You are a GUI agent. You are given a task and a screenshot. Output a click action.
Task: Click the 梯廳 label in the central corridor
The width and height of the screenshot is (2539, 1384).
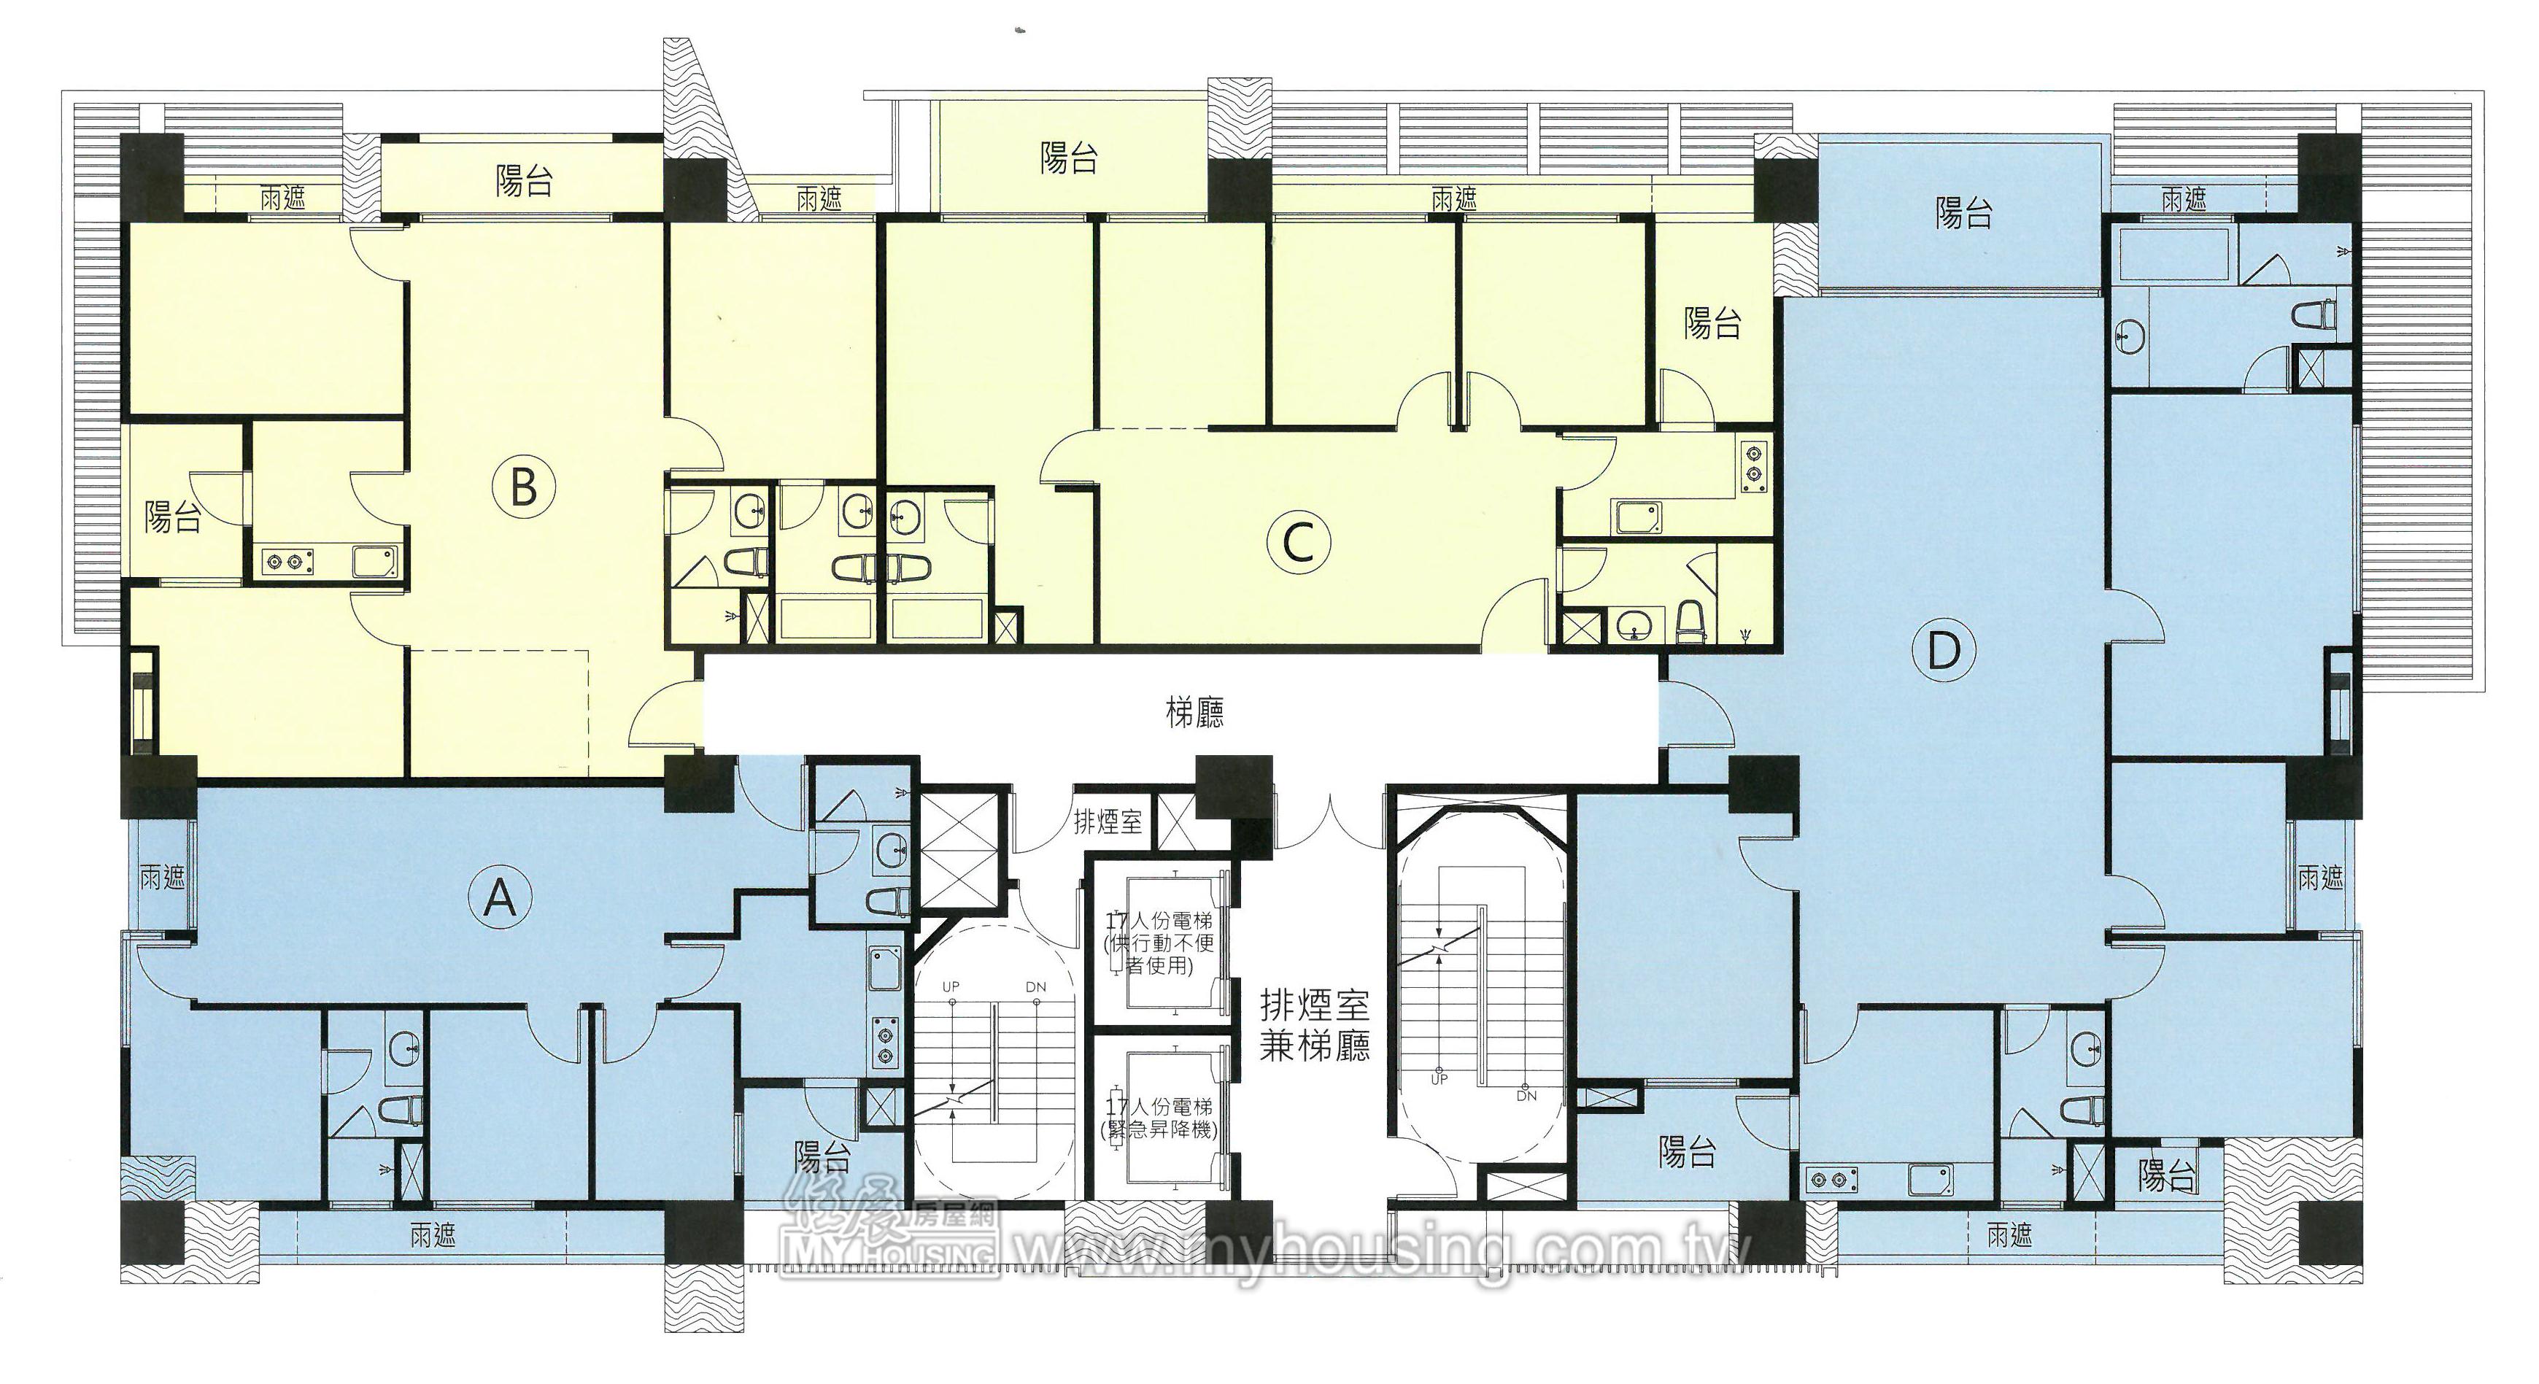(x=1196, y=713)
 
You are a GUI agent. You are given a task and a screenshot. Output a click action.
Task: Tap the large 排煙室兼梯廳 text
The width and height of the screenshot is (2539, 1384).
(x=1315, y=1025)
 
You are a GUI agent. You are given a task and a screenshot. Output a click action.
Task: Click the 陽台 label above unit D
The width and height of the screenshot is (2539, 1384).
(x=1963, y=213)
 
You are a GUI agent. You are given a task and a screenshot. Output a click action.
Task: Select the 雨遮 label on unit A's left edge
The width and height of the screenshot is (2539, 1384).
(x=163, y=876)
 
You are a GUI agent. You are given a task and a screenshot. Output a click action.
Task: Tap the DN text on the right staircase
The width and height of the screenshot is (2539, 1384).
(x=1527, y=1095)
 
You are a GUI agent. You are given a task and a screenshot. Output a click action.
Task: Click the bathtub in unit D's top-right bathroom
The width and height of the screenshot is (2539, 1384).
(x=2171, y=256)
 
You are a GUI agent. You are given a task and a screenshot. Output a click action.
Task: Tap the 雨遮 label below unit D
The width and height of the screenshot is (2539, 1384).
(x=2010, y=1234)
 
